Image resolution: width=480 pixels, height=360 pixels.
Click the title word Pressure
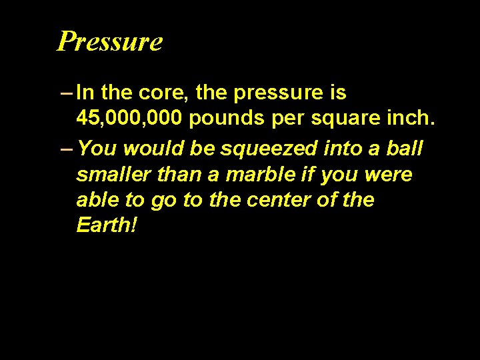click(110, 41)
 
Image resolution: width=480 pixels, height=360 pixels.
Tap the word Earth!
click(107, 225)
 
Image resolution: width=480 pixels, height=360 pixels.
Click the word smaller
click(113, 175)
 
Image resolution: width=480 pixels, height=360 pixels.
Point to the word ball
click(409, 147)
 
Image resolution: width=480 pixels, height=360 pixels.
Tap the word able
click(97, 199)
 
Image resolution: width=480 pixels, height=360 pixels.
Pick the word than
click(177, 175)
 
